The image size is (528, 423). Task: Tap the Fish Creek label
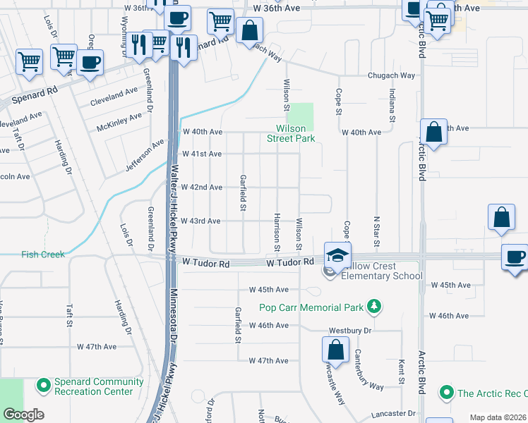pos(42,255)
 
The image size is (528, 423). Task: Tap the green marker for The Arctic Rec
pos(445,392)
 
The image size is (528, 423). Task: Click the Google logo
pos(24,415)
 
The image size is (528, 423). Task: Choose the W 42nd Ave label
pos(202,188)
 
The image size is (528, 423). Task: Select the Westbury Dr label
pos(349,330)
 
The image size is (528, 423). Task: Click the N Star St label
pos(377,232)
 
